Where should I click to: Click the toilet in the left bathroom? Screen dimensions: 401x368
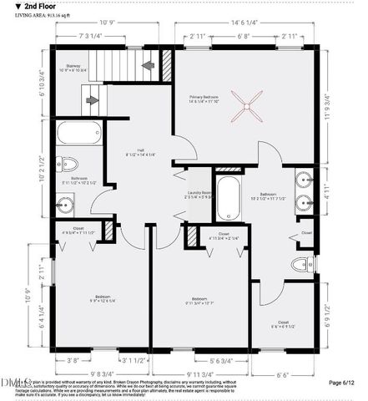coord(70,164)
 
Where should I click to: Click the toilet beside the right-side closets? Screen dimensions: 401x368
coord(299,265)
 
